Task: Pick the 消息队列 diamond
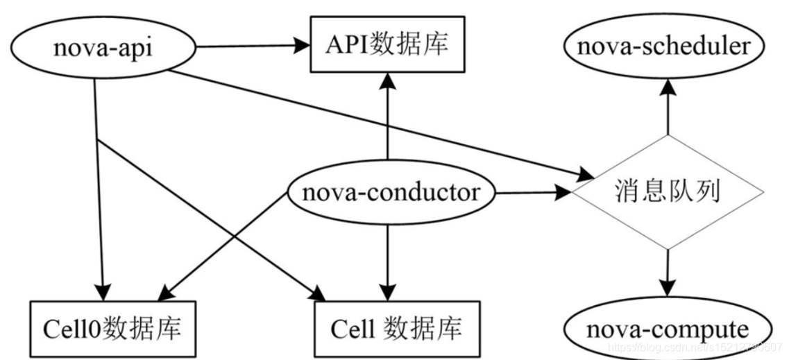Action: pos(666,192)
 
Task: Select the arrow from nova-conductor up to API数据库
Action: pos(387,118)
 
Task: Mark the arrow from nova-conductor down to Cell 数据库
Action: pos(387,257)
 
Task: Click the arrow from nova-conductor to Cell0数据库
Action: pos(222,243)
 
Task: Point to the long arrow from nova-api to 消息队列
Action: pos(375,118)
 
